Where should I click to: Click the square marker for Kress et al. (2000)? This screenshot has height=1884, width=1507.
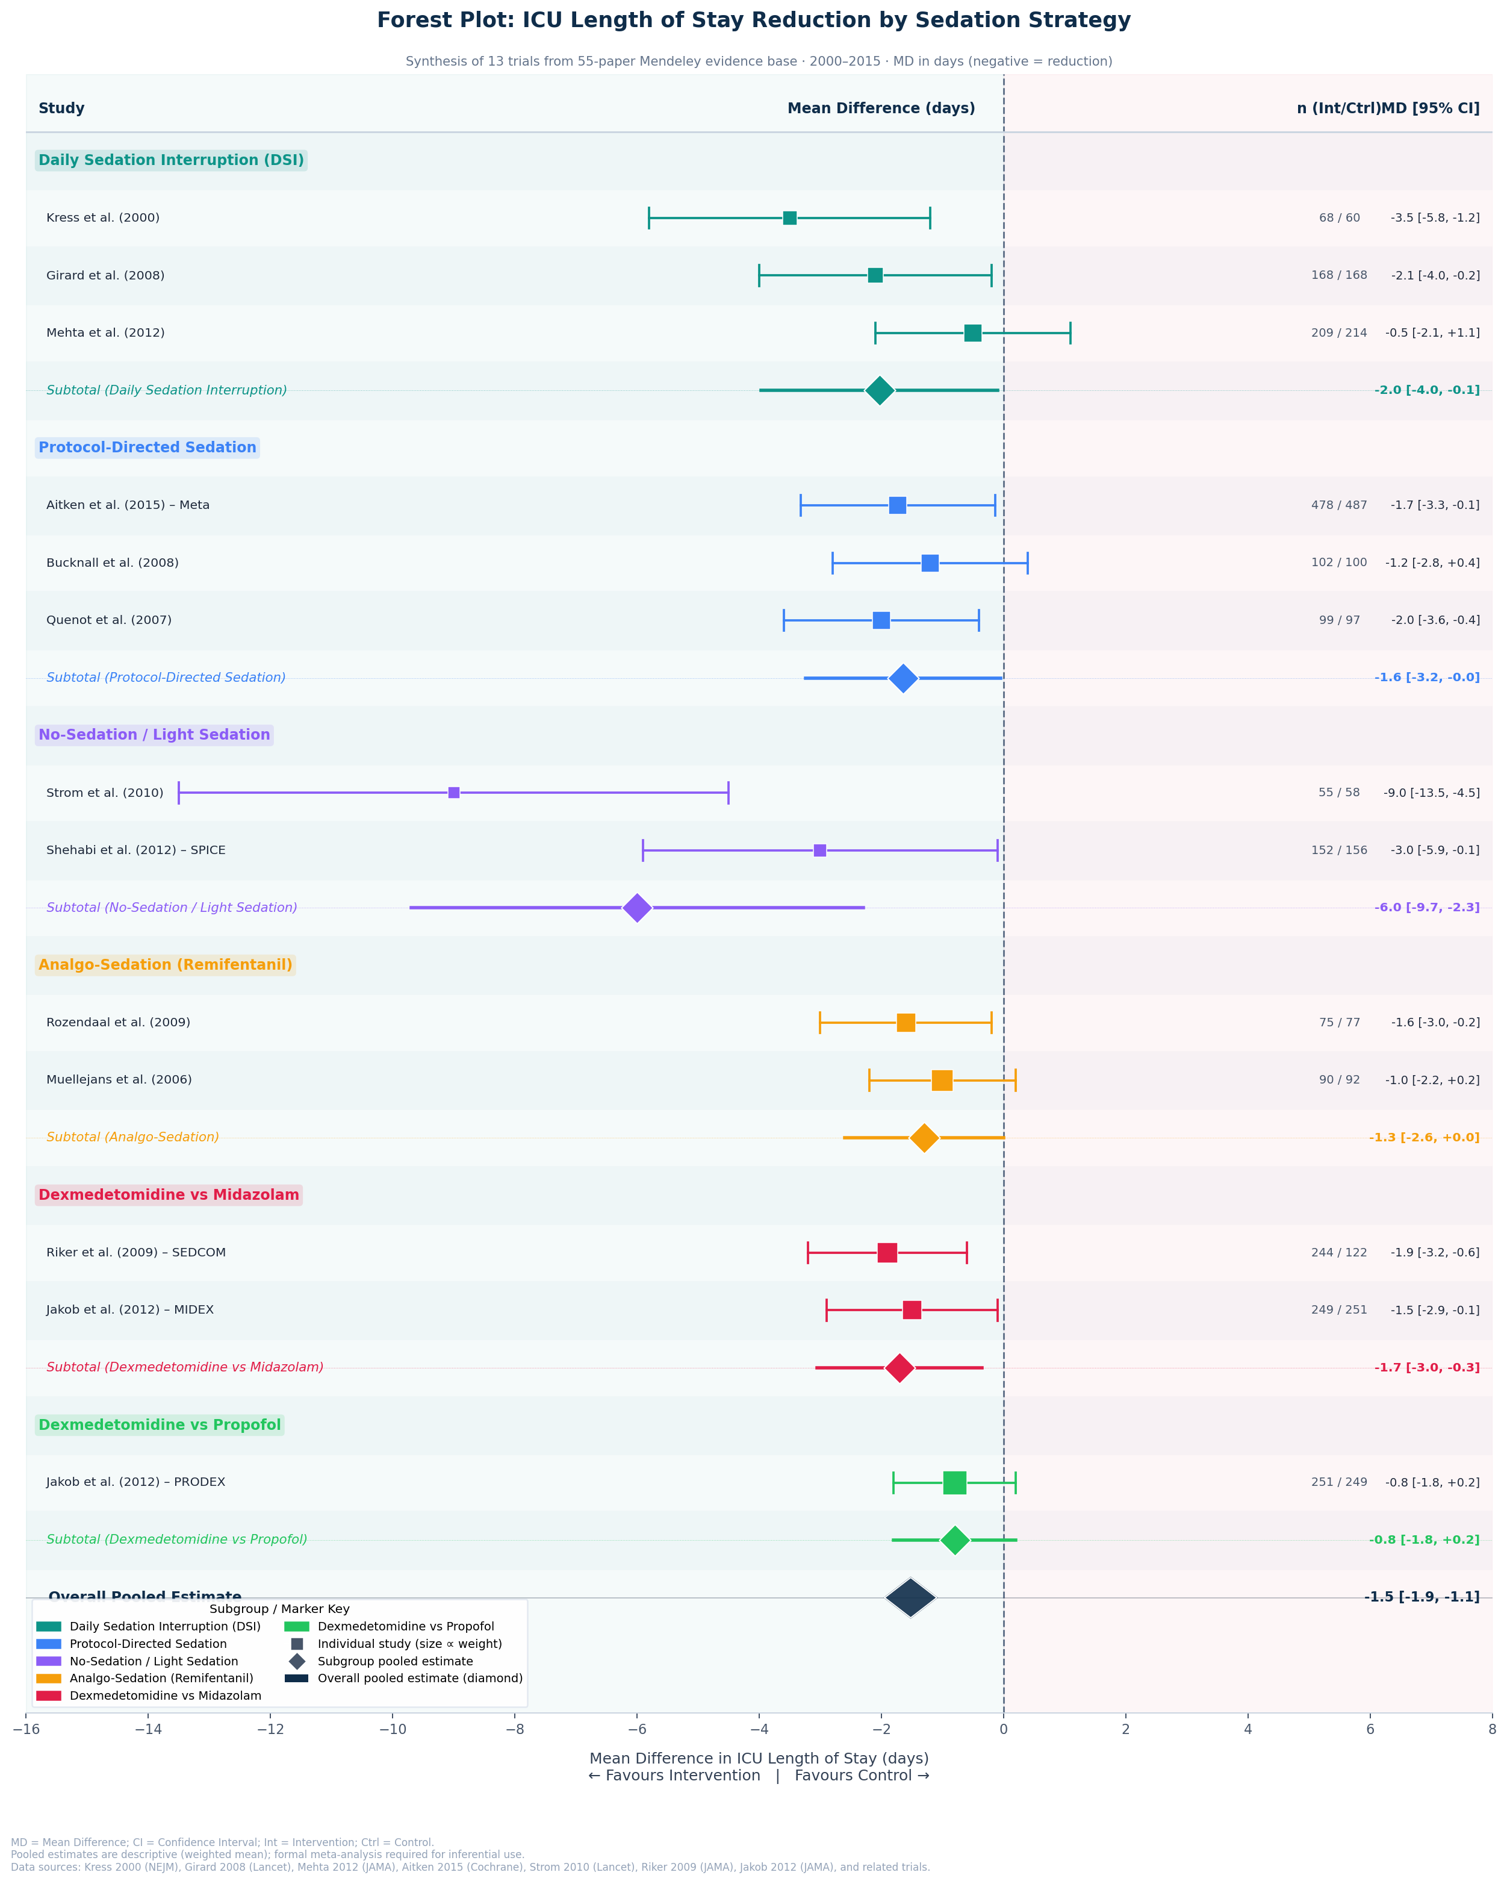coord(789,217)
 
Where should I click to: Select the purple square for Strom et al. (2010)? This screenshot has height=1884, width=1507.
coord(453,793)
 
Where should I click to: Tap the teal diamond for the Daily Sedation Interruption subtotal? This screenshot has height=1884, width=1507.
coord(880,391)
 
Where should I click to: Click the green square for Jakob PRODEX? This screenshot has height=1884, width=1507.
coord(954,1483)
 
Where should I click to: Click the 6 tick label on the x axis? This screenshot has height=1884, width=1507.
coord(1370,1729)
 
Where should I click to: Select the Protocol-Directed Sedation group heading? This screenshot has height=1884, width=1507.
coord(148,448)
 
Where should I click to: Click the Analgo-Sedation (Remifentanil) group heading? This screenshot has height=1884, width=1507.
coord(165,965)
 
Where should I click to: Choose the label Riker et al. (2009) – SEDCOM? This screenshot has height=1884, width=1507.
coord(135,1252)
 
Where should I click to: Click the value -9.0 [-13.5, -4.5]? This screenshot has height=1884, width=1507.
coord(1431,793)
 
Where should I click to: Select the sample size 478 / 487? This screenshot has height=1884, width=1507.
coord(1338,505)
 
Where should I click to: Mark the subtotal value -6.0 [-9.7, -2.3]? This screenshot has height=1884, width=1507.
coord(1427,908)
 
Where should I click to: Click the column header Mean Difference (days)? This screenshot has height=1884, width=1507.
coord(881,108)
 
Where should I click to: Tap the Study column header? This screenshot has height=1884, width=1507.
coord(61,108)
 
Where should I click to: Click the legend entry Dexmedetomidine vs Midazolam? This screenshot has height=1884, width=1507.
coord(165,1696)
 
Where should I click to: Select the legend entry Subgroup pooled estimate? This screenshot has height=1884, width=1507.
coord(395,1661)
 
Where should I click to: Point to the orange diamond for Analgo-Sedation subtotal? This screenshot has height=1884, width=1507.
coord(924,1138)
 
